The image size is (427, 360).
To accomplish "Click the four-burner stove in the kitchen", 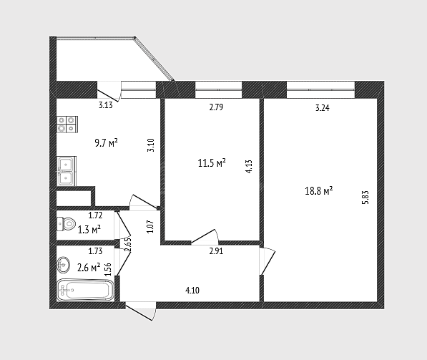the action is point(67,125).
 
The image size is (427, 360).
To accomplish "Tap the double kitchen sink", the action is point(67,171).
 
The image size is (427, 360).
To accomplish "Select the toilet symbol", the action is point(66,224).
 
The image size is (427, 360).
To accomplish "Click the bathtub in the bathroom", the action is point(85,290).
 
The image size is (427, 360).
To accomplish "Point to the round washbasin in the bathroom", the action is point(64,265).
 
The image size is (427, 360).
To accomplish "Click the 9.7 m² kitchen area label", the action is point(106,143).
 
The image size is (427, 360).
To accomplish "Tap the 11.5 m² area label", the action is point(212,163).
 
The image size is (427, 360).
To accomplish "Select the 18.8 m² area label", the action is point(318,191).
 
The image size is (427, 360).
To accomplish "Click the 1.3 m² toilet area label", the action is point(89,230).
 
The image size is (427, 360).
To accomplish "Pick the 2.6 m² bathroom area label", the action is point(89,268).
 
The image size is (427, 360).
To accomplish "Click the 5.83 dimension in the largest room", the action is point(365,198).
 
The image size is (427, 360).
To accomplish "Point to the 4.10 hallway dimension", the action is point(192,291).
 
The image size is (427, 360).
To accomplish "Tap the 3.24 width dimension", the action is point(323,108).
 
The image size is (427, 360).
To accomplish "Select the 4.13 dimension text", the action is point(250,167).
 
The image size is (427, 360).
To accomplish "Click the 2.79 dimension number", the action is point(216,107).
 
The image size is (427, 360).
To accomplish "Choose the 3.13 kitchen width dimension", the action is point(106,105).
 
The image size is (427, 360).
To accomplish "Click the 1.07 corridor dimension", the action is point(152,226).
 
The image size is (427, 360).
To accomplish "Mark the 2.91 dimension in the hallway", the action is point(216,251).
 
